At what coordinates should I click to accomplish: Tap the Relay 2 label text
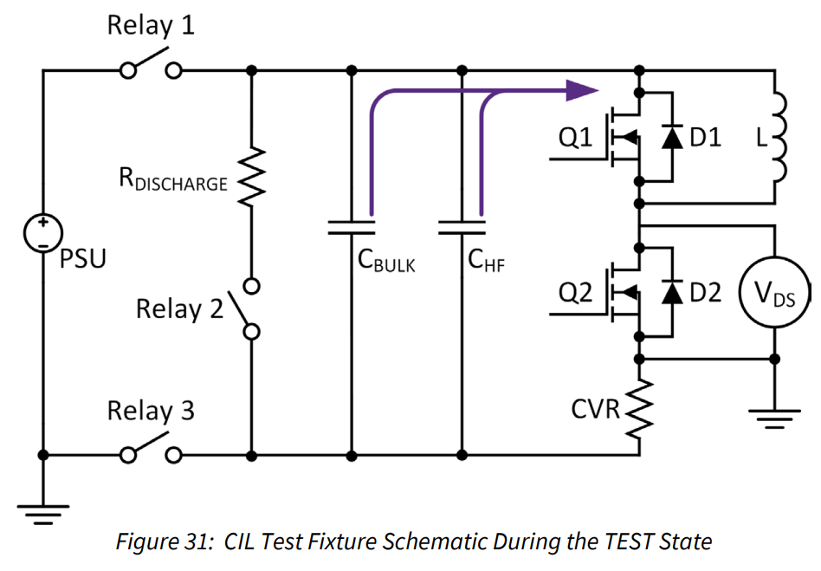click(x=179, y=308)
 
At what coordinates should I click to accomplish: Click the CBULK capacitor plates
click(x=352, y=227)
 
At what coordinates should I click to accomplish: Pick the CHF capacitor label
click(x=487, y=260)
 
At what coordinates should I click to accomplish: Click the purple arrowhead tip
click(x=596, y=88)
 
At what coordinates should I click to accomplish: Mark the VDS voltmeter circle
click(x=773, y=295)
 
